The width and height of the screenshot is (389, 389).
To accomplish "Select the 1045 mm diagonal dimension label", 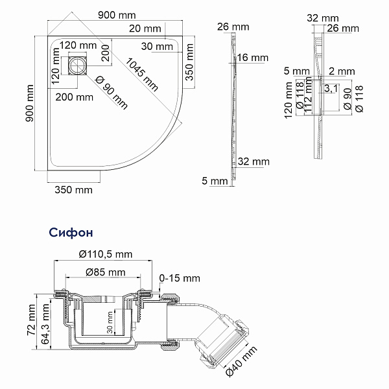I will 142,73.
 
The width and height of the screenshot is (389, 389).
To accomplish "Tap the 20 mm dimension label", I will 145,28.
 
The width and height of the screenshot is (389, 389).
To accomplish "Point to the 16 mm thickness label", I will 252,58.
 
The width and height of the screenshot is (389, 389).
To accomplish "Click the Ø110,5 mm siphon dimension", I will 105,253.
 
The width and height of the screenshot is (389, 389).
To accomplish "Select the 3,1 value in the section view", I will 329,88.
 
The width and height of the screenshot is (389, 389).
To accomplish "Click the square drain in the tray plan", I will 78,66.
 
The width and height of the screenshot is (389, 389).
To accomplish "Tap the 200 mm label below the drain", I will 74,97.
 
